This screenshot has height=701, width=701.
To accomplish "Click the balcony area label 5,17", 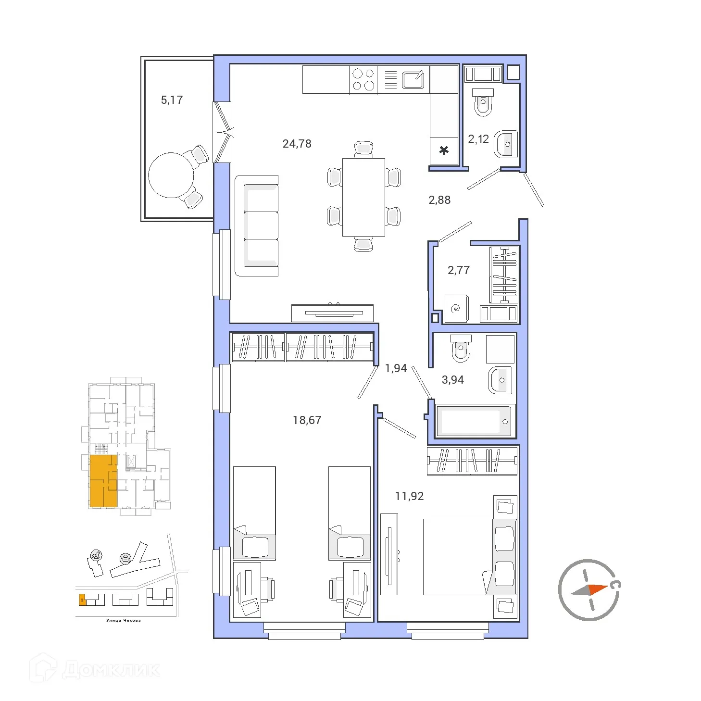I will (x=172, y=100).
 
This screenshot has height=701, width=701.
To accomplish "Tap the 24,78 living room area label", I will (x=297, y=144).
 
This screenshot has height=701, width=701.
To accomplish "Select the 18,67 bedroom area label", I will (x=307, y=420).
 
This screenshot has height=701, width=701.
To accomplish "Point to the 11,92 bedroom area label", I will (x=409, y=496).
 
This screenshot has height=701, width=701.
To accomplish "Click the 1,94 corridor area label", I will (x=396, y=368).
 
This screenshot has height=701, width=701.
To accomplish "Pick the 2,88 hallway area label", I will (x=439, y=200).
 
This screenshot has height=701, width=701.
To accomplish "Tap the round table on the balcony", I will (x=171, y=175).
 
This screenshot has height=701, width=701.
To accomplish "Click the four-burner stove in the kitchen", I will (x=363, y=80).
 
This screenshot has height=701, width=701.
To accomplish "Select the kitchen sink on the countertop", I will (x=413, y=80).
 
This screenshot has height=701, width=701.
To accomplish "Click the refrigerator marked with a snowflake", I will (x=444, y=150).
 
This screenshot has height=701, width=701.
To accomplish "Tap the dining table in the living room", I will (x=363, y=197).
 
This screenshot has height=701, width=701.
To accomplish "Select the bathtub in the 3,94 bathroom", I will (x=474, y=421).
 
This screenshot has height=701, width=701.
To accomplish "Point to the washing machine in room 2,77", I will (x=456, y=308).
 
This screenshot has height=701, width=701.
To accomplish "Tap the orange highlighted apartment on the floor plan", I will (x=103, y=481).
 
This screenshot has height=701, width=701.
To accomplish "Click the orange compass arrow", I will (x=598, y=589).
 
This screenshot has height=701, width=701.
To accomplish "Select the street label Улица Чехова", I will (x=124, y=620).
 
